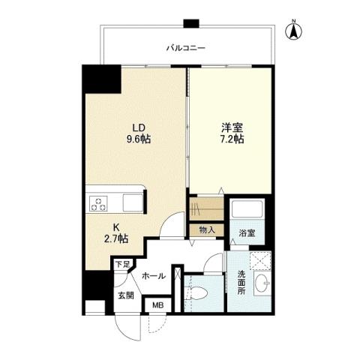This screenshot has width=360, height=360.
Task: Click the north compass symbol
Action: point(295,31)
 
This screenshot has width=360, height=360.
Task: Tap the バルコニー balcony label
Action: point(186,49)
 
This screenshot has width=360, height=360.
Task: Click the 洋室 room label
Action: point(231,126)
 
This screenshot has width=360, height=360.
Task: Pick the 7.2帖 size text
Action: point(231,138)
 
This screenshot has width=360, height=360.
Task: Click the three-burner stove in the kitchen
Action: point(100,202)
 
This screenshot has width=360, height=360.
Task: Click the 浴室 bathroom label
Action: point(247,233)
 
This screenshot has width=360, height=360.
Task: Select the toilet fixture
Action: point(197,293)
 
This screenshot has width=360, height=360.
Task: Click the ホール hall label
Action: point(154,275)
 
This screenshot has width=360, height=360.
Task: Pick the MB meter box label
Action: point(157,305)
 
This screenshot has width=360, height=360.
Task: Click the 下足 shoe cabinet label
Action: point(120,264)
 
